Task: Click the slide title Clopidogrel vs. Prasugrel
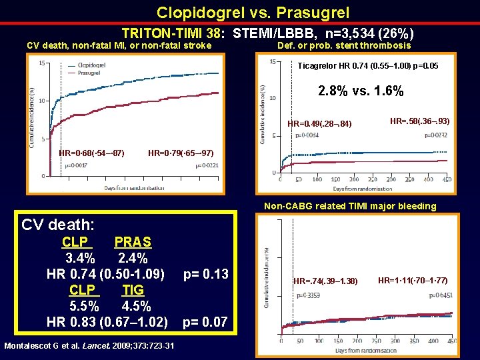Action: pyautogui.click(x=253, y=13)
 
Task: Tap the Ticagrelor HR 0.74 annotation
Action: pyautogui.click(x=367, y=66)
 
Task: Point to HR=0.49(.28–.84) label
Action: pyautogui.click(x=319, y=124)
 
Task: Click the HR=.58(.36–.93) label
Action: pyautogui.click(x=419, y=121)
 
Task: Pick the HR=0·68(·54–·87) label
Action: pyautogui.click(x=91, y=153)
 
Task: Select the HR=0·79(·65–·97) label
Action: pyautogui.click(x=181, y=153)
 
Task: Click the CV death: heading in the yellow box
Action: pyautogui.click(x=58, y=224)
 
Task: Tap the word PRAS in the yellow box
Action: pyautogui.click(x=133, y=242)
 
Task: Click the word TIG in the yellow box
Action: pyautogui.click(x=133, y=290)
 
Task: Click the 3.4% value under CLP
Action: pyautogui.click(x=80, y=258)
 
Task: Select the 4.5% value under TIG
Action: pyautogui.click(x=137, y=306)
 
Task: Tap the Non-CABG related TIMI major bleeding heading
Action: pyautogui.click(x=350, y=206)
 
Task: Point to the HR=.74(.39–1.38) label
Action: pyautogui.click(x=326, y=281)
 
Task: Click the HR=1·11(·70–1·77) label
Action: pyautogui.click(x=413, y=280)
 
